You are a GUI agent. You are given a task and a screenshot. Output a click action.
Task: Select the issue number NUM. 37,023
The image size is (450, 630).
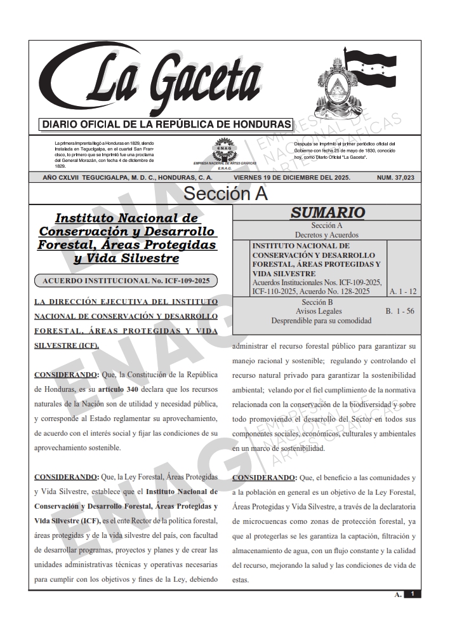coord(395,178)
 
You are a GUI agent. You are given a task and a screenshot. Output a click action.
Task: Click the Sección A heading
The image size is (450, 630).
coord(225,193)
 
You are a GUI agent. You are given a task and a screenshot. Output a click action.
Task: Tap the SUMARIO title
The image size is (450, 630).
coord(327,213)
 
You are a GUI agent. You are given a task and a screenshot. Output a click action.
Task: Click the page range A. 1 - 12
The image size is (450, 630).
coord(403,291)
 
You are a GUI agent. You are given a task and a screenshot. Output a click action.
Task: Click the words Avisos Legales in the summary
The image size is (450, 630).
coord(319,311)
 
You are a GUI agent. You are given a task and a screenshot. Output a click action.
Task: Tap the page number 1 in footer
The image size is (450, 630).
coord(412,594)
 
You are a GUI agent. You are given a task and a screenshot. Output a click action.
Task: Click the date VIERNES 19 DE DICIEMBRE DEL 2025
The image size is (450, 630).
coord(291,178)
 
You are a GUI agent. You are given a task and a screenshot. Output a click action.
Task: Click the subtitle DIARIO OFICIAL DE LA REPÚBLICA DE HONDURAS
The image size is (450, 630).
coord(166,124)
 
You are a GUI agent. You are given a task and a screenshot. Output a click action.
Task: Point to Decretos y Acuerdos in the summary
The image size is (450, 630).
coord(327,234)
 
